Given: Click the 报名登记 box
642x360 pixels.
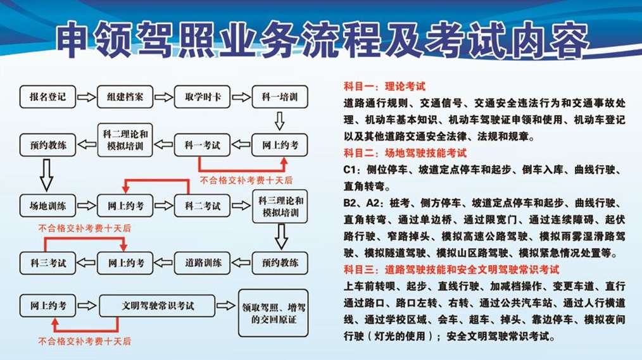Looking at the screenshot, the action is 48,97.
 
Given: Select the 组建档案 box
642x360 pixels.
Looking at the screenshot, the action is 125,97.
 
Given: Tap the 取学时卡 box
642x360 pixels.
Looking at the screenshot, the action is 202,97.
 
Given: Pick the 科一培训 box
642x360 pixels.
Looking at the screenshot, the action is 280,97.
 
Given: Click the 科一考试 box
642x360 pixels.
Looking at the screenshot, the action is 202,145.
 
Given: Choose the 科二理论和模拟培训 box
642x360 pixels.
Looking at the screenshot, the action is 125,140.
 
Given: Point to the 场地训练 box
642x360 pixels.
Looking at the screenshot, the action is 48,206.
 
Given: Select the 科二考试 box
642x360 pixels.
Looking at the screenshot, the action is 202,206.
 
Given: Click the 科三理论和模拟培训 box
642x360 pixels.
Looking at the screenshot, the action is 280,206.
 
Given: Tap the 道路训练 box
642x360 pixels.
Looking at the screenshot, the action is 202,263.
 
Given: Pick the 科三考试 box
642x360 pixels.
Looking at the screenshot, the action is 48,263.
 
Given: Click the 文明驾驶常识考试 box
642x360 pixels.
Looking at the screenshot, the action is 157,306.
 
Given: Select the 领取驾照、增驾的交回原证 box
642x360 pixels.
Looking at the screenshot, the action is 273,313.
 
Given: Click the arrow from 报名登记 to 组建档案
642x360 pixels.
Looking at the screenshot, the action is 86,97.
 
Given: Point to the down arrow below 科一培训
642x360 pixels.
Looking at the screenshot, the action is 280,121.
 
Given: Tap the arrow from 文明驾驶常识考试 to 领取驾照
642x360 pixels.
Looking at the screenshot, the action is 225,306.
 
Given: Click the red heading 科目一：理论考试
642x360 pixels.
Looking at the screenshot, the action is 384,86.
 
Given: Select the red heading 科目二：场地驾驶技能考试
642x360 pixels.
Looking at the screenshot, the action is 405,153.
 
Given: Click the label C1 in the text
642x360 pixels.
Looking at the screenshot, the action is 351,170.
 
